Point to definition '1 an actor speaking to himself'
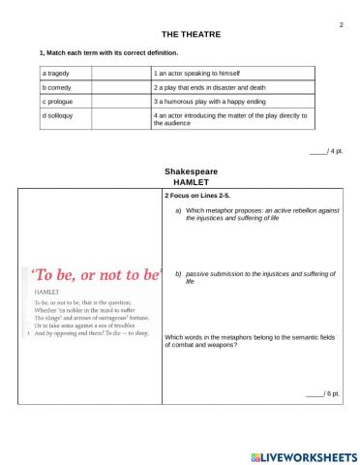coord(198,74)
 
